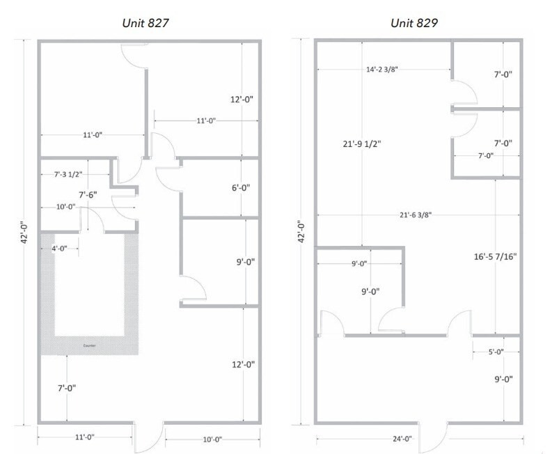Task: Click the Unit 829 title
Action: [x=414, y=23]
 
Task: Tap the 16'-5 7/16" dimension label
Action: [x=495, y=256]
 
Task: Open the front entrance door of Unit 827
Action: [x=147, y=436]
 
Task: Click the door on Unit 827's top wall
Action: [x=134, y=56]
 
